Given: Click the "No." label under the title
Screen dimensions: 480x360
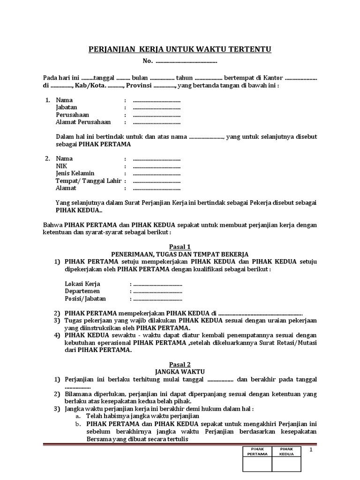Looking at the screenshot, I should coord(148,61).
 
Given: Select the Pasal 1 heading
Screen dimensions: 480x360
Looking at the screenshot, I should coord(180,246).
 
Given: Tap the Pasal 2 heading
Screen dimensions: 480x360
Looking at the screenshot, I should coord(180,364).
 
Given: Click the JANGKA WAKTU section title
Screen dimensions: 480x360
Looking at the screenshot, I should coord(180,371).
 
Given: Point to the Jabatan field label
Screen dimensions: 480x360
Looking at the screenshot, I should coord(67,107).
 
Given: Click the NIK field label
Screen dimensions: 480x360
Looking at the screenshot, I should coord(61,166).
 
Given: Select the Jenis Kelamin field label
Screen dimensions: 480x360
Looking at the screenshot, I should coord(75,173).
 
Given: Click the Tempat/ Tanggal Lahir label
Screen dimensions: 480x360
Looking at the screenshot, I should coord(88,181).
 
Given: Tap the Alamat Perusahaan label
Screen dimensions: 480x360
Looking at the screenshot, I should coord(83,122).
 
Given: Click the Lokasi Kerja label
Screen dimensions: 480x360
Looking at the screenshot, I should coord(82,284).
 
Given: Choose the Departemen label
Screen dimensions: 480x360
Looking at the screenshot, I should coord(82,291).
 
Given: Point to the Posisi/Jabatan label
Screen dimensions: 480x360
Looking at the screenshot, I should coord(85,299).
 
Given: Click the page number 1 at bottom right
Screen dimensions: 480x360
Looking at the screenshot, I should coord(311,450).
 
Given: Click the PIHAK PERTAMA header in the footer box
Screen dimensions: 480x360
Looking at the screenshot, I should coord(257,451).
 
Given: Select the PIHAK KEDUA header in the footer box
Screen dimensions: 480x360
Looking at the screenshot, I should coord(287,451).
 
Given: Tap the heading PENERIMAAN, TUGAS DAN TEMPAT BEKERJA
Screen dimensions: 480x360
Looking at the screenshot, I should coord(180,254).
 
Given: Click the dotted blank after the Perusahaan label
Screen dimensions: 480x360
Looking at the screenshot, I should coord(157,115).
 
